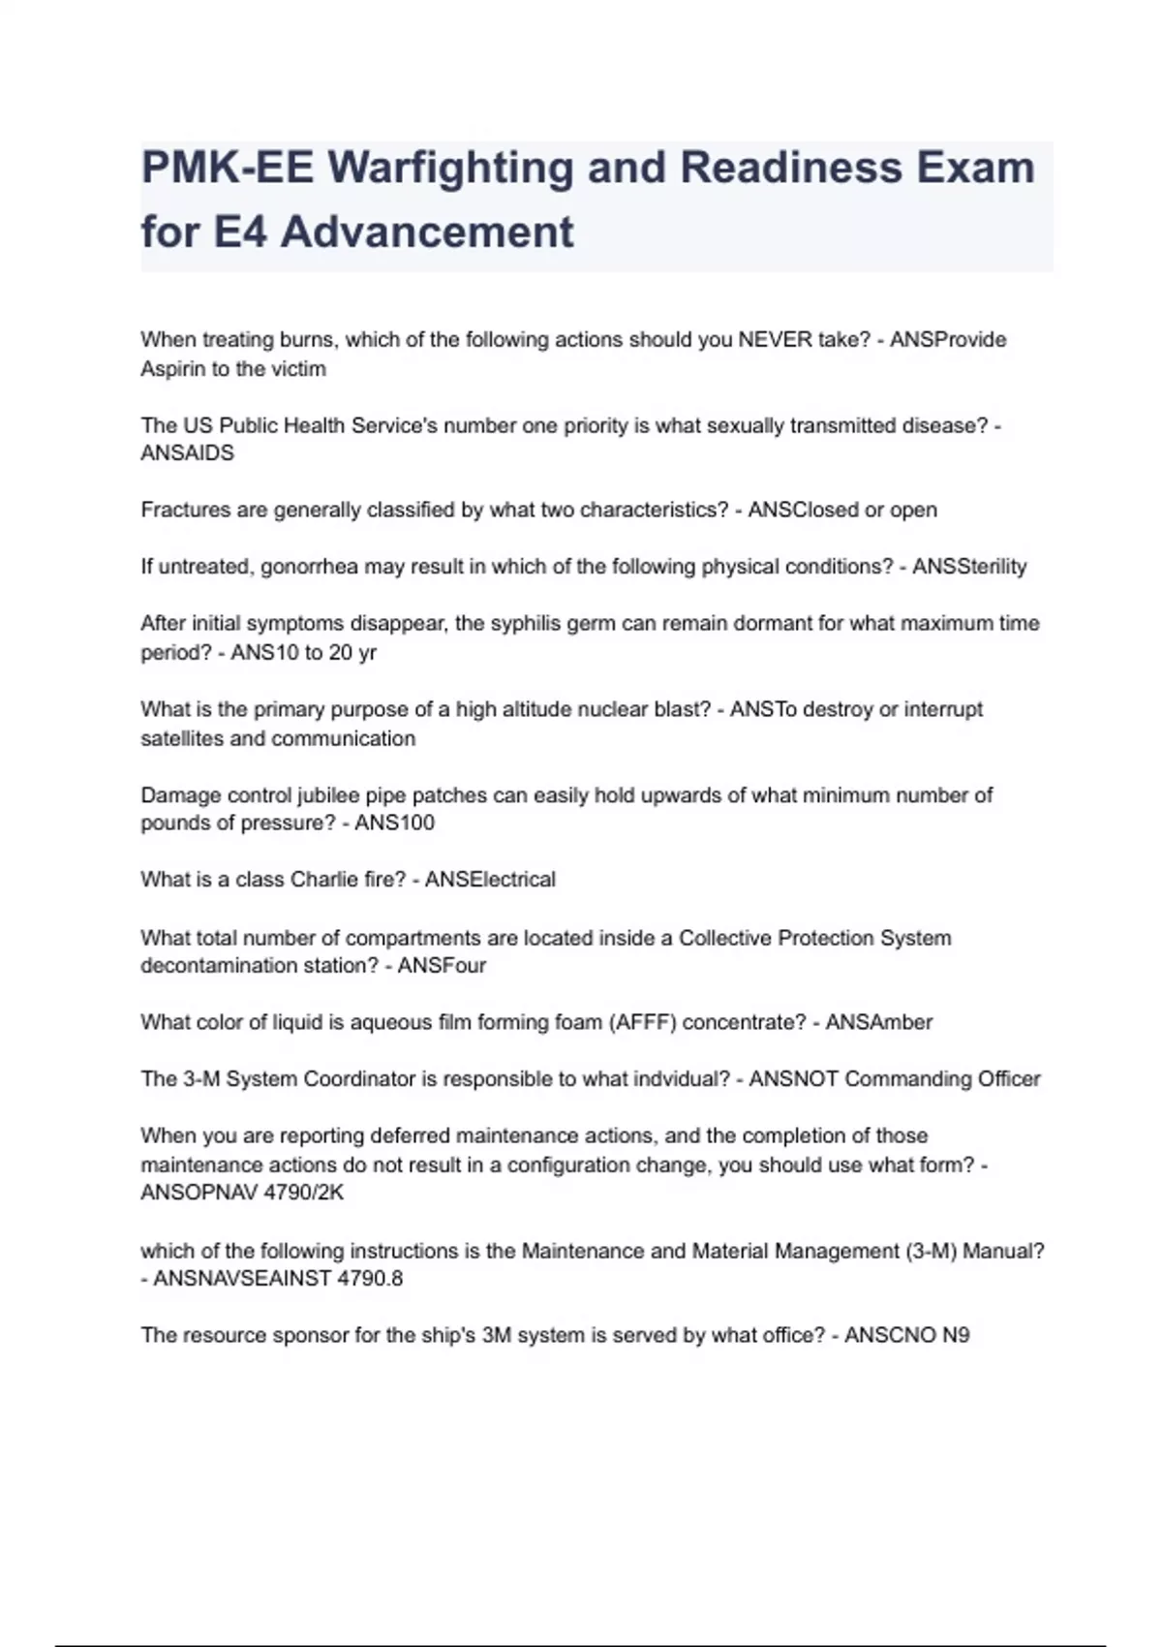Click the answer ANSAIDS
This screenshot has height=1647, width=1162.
coord(187,453)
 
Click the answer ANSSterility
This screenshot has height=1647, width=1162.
coord(969,567)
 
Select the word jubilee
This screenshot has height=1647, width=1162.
coord(327,795)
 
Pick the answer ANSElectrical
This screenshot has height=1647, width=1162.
coord(490,880)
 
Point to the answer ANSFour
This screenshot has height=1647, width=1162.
coord(442,966)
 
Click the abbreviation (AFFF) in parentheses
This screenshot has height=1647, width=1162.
coord(642,1022)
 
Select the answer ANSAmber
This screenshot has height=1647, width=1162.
coord(878,1022)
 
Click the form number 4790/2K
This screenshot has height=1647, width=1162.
coord(304,1193)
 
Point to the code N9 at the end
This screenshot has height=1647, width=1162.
coord(956,1335)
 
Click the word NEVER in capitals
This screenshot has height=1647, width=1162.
coord(771,340)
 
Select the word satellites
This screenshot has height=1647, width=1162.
coord(181,738)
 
